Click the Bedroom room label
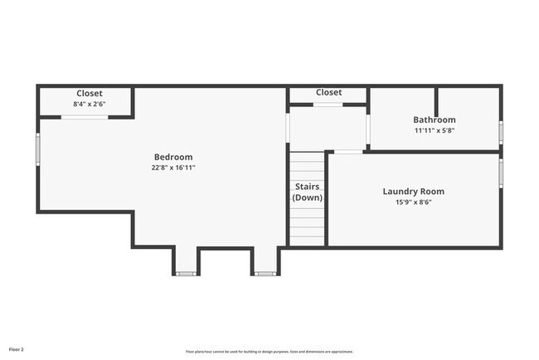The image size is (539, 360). (173, 158)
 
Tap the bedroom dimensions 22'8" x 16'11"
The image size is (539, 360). (173, 168)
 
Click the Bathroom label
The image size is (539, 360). (435, 120)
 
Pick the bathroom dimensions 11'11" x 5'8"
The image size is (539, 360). (435, 130)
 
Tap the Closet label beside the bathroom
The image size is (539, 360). (328, 93)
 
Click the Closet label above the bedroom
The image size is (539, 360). (90, 94)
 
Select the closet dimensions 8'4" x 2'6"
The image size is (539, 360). (90, 105)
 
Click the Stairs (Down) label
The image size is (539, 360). (308, 192)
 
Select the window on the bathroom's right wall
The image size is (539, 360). (501, 133)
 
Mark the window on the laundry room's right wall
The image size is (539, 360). (501, 174)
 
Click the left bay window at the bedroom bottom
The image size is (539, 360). (186, 273)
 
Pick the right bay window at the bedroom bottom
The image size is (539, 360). (265, 273)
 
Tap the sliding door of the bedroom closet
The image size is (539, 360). (85, 117)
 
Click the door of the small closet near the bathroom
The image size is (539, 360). (328, 105)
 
